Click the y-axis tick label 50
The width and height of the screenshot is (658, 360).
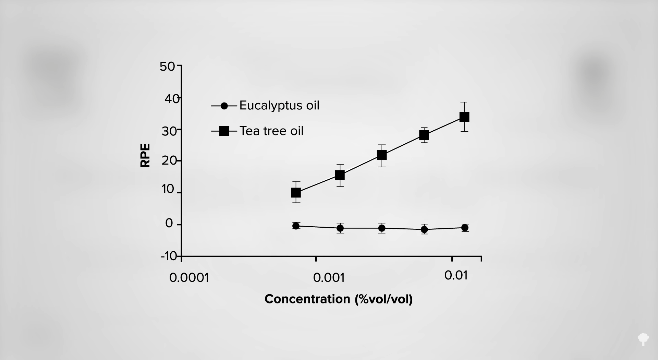(167, 67)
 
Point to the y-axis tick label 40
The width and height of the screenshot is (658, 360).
(172, 99)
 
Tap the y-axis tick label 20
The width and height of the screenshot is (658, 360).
(169, 160)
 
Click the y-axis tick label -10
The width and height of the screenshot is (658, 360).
(169, 256)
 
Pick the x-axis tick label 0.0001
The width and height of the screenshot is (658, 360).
(189, 278)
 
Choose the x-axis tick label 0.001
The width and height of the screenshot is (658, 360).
(329, 278)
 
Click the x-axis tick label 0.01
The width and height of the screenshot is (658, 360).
(456, 275)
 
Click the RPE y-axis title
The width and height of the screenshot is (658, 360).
(145, 155)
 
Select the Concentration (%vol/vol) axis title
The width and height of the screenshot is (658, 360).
(339, 299)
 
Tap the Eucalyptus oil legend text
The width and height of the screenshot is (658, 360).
(279, 105)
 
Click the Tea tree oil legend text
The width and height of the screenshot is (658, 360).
(271, 131)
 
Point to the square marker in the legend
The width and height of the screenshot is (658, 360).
(224, 131)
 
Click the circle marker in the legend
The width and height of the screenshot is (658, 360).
(224, 106)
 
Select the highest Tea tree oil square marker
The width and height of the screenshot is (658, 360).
(464, 117)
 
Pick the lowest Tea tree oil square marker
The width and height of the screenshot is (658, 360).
(296, 193)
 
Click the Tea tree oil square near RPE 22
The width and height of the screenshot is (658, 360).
(382, 155)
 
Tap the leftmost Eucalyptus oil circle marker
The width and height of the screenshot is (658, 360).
(296, 226)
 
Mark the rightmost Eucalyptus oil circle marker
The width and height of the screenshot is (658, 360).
(465, 228)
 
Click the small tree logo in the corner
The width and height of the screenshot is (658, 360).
(643, 339)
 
